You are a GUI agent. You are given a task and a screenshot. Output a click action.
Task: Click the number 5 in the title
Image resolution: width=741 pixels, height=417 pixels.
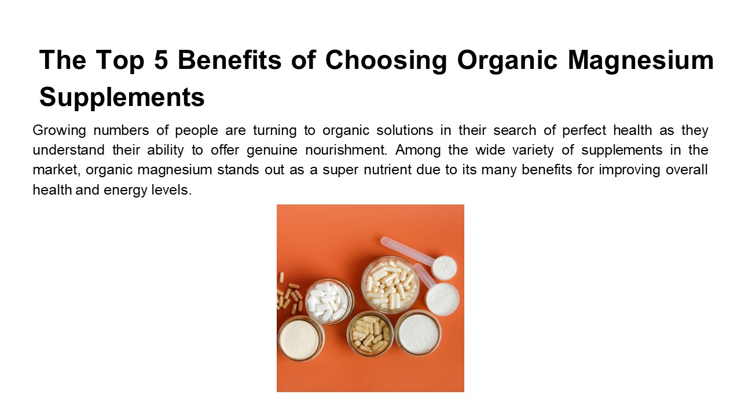click(x=186, y=61)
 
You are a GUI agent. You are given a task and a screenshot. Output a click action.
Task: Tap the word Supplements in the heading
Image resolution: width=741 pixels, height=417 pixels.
click(x=122, y=97)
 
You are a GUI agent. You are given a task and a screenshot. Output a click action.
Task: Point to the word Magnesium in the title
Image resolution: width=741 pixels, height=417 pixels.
click(x=641, y=61)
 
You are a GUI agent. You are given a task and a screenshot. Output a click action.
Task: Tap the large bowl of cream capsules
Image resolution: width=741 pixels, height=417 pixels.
click(x=390, y=283)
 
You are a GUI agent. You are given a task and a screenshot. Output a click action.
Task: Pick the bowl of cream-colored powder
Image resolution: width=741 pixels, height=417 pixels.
click(x=301, y=338)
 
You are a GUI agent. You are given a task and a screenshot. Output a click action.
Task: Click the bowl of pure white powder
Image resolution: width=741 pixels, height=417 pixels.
click(x=417, y=332)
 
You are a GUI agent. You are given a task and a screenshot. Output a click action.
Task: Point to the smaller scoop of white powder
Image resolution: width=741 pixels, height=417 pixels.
click(x=445, y=267)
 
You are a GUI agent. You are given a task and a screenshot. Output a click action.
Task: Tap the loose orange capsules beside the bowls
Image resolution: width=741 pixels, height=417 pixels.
click(x=289, y=295)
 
